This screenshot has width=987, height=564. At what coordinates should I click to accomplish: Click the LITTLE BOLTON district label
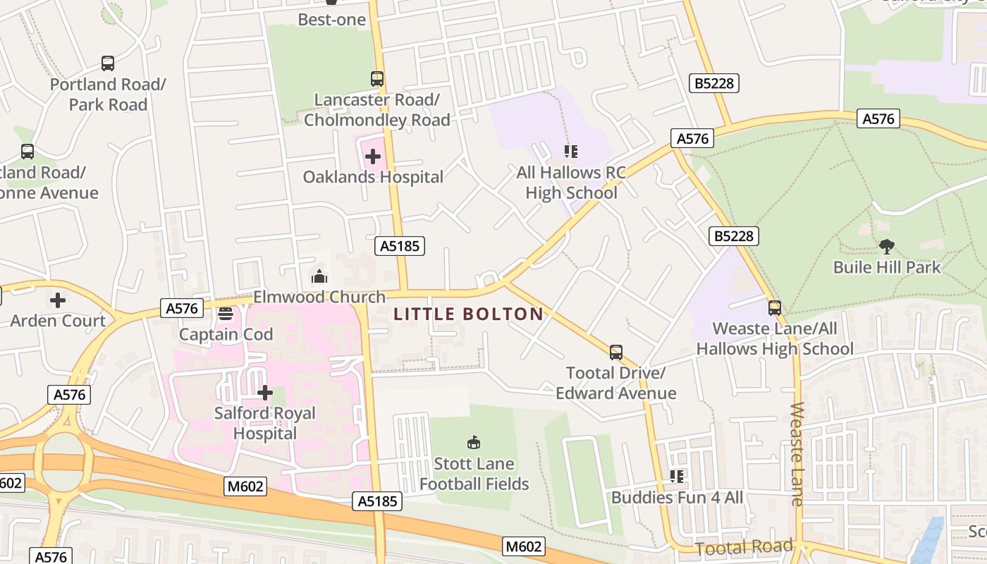(468, 314)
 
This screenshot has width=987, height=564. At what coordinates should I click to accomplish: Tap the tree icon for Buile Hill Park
(886, 247)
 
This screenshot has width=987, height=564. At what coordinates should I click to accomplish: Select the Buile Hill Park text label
(886, 267)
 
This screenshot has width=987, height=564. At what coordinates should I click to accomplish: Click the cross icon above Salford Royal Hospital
(265, 392)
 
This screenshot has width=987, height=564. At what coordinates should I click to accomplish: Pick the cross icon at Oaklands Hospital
(373, 156)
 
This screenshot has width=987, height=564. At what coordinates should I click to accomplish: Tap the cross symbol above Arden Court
(58, 300)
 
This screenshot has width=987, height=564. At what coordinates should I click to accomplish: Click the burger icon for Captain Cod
(226, 313)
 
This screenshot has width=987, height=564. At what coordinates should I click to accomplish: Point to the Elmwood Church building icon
(319, 276)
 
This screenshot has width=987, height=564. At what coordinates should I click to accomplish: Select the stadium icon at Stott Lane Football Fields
(474, 443)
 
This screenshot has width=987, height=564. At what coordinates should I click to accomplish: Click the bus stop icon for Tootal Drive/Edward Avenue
(615, 352)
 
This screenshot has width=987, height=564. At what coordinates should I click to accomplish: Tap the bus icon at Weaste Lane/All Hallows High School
(774, 308)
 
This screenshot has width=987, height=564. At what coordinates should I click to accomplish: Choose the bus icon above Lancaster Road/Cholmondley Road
(377, 79)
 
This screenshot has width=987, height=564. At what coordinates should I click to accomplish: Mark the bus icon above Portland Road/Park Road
(108, 63)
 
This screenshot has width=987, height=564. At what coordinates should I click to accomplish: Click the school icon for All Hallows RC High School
(571, 152)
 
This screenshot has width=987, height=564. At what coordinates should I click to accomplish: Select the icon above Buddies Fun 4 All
(677, 477)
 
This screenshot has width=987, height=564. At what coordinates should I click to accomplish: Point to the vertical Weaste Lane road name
(797, 454)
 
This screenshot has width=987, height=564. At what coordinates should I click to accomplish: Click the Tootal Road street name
(744, 547)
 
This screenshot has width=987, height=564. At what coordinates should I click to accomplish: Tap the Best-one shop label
(331, 20)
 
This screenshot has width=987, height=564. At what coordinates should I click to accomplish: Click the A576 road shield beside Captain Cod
(182, 307)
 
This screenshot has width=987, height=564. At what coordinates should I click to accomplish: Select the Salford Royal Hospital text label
(265, 423)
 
